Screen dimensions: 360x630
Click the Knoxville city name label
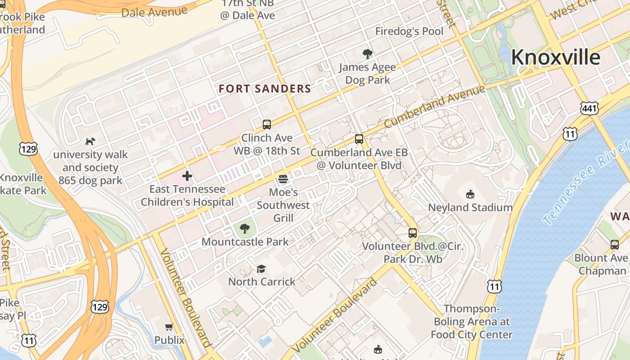click(555, 58)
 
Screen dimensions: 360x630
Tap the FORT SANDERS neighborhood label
click(265, 89)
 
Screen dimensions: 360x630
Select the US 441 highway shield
click(589, 108)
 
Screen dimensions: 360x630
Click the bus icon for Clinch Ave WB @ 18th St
click(267, 125)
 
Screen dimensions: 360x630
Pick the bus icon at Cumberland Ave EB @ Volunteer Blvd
click(359, 139)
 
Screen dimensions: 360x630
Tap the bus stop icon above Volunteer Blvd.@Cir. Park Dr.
click(413, 233)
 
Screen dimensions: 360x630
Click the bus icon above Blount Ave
click(615, 245)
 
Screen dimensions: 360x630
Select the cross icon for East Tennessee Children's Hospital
click(187, 176)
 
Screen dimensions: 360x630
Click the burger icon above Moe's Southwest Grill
click(283, 179)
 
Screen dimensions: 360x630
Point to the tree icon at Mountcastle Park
click(245, 229)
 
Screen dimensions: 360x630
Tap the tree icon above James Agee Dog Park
click(367, 54)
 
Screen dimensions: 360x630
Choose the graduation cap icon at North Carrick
click(261, 269)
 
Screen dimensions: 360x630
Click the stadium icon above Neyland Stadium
click(470, 194)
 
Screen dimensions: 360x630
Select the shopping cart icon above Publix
click(169, 327)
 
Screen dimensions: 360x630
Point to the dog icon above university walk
click(90, 141)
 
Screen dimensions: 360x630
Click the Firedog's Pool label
click(409, 31)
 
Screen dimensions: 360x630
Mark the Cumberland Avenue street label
click(434, 106)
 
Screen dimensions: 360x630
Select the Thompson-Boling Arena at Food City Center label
click(471, 322)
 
